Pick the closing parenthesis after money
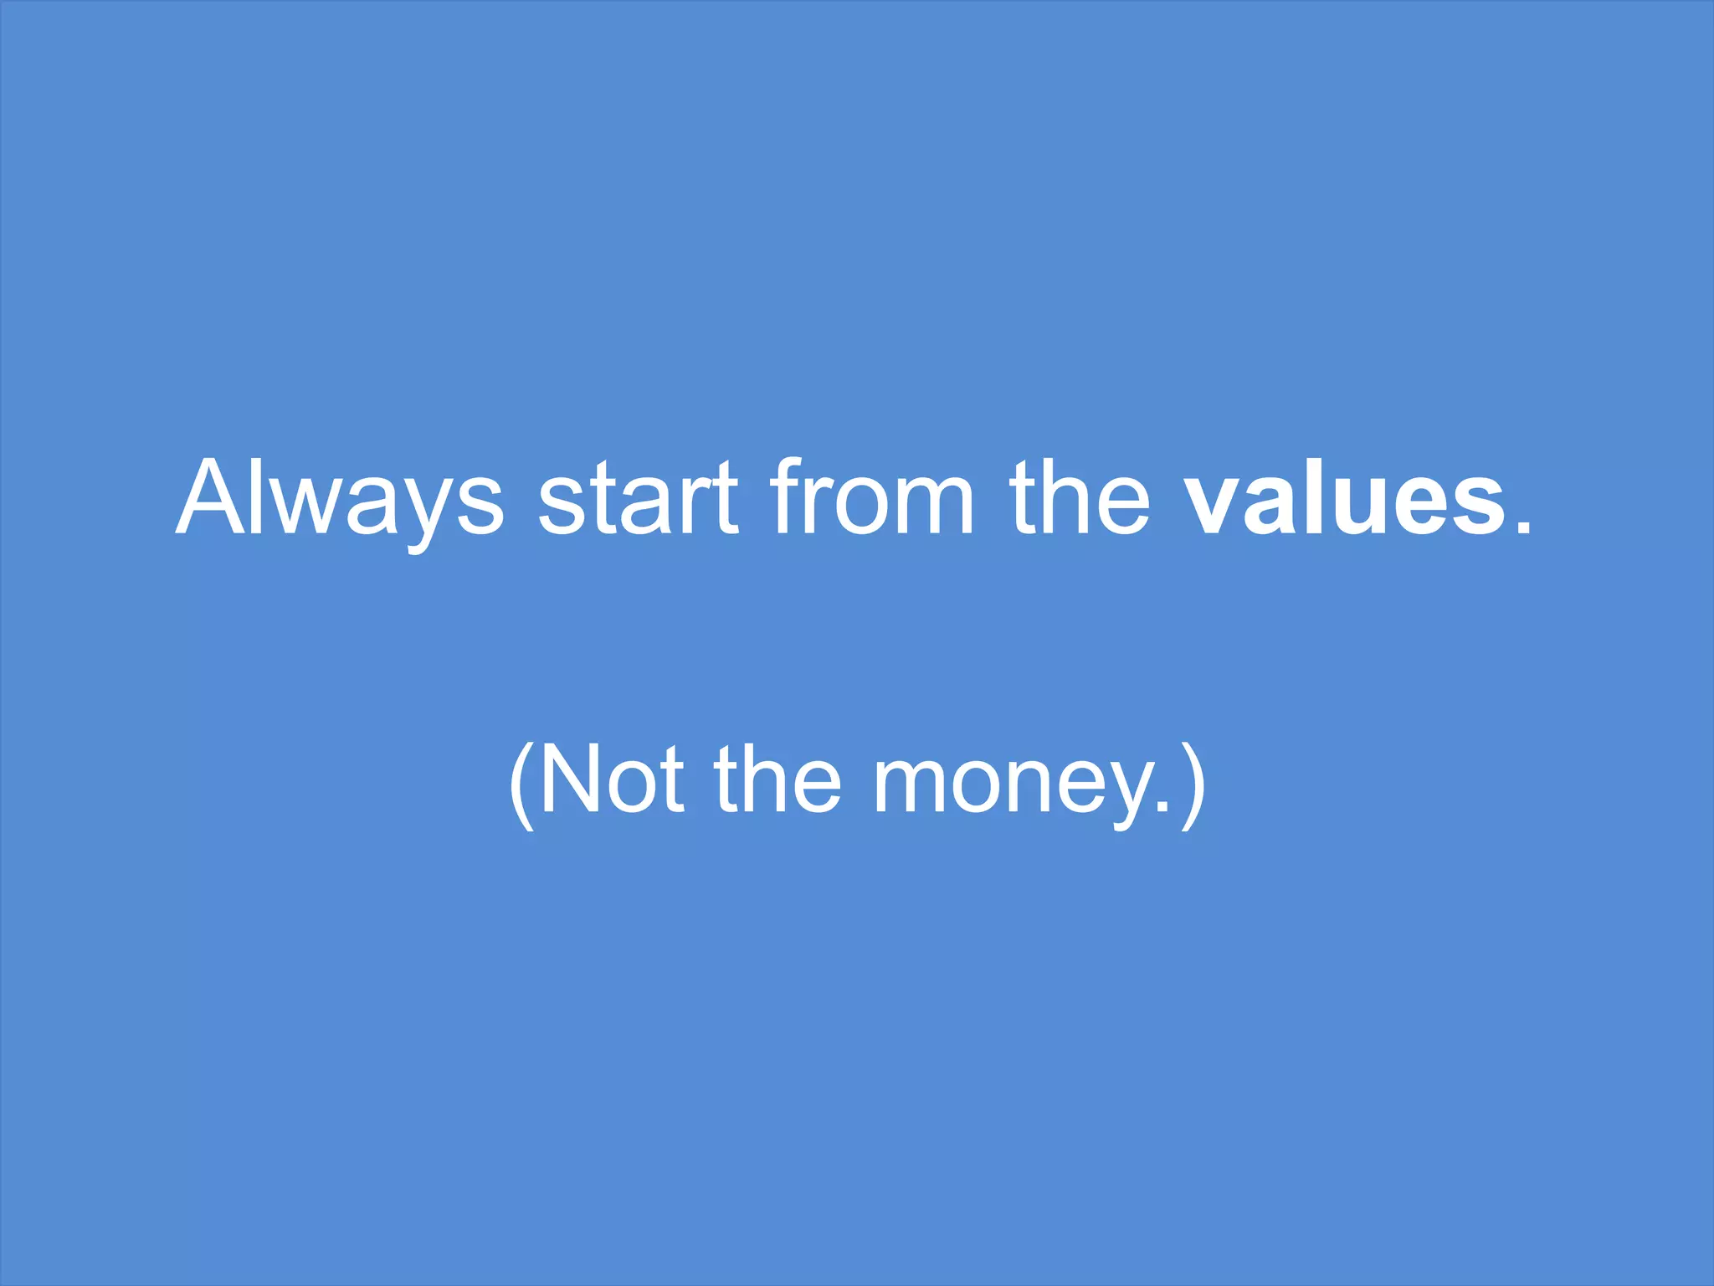[x=1193, y=784]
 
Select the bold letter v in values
[x=1211, y=507]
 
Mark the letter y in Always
[x=418, y=516]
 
